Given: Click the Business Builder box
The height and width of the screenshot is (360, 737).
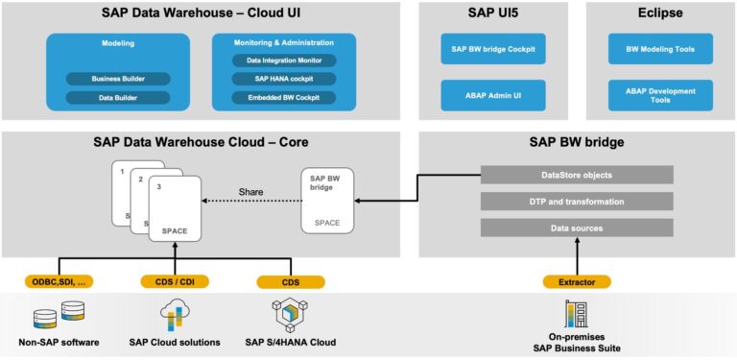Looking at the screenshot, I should tap(117, 79).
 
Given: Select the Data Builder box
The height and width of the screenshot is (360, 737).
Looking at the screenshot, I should tap(117, 98).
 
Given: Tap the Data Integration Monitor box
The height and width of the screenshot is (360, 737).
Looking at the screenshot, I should tap(283, 60).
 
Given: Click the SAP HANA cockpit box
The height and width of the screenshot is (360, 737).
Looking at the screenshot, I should tap(283, 79).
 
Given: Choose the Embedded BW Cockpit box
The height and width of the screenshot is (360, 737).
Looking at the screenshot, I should tap(283, 97).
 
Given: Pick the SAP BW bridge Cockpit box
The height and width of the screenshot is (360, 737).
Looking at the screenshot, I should tap(492, 49).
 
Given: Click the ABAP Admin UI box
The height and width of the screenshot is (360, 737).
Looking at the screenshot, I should tap(492, 95).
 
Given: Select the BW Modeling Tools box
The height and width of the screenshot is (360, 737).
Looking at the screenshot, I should tap(660, 49).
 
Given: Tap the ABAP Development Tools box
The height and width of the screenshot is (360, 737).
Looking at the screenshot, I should tap(660, 95).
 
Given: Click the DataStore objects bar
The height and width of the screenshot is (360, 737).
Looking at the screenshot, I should tap(577, 175).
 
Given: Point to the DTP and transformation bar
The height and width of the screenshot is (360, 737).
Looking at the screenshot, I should tap(577, 202).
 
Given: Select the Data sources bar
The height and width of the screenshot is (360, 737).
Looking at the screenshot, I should tap(577, 228).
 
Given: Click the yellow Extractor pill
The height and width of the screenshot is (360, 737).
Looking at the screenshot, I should tap(577, 282).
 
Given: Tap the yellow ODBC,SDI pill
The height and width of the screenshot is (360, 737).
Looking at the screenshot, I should tap(58, 282).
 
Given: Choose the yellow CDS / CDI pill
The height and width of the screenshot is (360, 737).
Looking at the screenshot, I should tap(175, 282).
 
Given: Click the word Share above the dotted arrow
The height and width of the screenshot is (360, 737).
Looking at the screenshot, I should tap(250, 192).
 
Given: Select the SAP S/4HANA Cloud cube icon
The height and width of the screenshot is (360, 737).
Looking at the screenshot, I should tap(290, 314).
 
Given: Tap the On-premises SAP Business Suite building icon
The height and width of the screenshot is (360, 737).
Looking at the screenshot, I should tap(577, 313).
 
